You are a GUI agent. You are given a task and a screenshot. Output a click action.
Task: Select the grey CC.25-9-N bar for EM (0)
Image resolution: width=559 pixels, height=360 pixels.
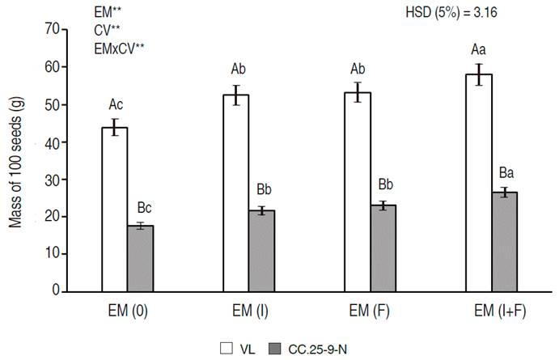(140, 258)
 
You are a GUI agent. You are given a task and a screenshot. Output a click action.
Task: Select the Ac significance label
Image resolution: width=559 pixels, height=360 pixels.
(115, 104)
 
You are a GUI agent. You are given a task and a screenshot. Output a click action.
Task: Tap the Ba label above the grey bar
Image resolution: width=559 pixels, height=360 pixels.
(506, 173)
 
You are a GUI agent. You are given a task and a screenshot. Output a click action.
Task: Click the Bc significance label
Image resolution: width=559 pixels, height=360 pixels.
(141, 207)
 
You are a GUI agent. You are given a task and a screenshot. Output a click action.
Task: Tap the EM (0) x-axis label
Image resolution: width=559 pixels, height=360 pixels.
(128, 311)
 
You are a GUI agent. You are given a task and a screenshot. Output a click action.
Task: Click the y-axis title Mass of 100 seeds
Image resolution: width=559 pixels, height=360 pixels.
(17, 162)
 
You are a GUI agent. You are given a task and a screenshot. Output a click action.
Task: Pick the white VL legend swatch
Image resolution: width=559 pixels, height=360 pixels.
(227, 349)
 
